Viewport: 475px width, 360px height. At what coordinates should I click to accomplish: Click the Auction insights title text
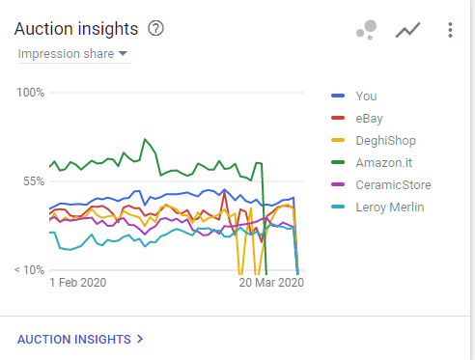tap(76, 29)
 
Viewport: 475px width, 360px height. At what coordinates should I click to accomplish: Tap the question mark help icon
tap(155, 28)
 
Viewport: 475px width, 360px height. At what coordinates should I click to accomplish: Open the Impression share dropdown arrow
tap(123, 53)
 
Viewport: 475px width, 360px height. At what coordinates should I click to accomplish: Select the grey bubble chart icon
tap(367, 30)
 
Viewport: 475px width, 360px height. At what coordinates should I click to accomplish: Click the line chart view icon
tap(407, 30)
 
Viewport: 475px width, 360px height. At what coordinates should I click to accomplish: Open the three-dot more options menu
tap(450, 30)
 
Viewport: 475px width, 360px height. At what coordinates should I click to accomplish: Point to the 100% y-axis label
tap(31, 93)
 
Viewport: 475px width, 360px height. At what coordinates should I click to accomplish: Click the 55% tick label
tap(34, 181)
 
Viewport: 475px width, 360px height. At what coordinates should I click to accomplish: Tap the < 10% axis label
tap(29, 270)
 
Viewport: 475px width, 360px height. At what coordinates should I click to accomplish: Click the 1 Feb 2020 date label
tap(78, 283)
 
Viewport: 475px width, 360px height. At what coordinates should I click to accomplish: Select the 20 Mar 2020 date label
tap(271, 283)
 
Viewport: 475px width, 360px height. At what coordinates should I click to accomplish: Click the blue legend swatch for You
tap(338, 96)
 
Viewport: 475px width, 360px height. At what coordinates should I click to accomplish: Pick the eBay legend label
tap(369, 119)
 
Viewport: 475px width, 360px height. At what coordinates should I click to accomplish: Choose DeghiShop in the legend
tap(385, 141)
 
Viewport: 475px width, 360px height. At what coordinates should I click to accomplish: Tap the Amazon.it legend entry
tap(384, 163)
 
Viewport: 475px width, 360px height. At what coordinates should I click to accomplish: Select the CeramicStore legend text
tap(393, 185)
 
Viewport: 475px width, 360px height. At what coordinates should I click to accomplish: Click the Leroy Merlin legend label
tap(390, 208)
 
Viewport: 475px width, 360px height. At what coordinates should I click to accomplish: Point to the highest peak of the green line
tap(145, 139)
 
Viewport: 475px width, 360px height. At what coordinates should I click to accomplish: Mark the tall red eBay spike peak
tap(224, 192)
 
